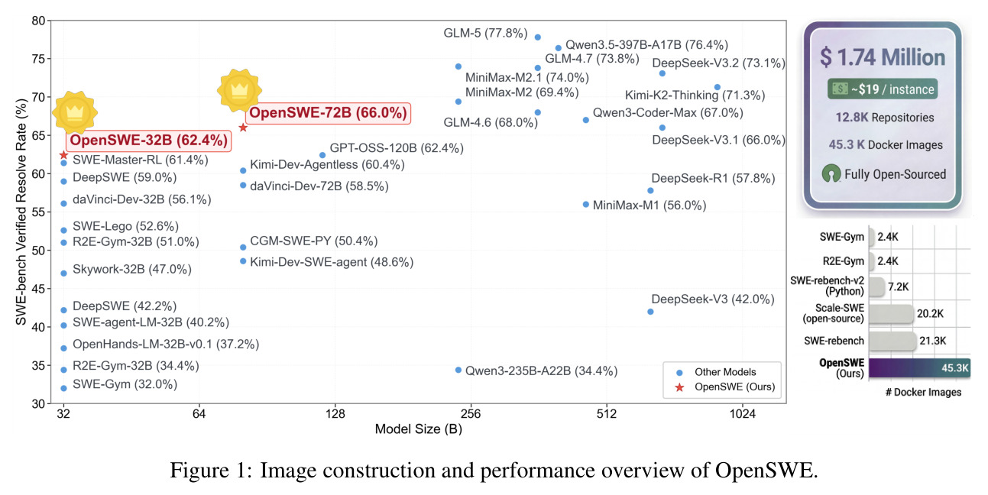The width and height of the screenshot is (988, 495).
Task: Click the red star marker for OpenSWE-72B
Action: (243, 128)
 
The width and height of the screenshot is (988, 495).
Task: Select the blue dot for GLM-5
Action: (538, 37)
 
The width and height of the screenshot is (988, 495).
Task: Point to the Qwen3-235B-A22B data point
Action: (458, 370)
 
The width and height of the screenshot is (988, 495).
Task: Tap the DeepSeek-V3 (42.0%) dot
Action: (650, 312)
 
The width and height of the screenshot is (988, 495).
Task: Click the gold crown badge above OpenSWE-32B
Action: (75, 112)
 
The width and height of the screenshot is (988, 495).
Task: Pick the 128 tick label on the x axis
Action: (335, 414)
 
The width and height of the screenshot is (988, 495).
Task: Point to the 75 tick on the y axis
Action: (38, 59)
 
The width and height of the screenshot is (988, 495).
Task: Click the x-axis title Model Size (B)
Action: (418, 429)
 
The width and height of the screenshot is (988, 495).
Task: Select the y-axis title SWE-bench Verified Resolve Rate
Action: (21, 212)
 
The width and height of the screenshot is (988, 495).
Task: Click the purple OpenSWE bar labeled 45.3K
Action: (920, 367)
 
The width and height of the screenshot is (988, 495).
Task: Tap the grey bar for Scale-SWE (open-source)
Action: (891, 314)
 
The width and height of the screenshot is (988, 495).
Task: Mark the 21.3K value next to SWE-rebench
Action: (932, 341)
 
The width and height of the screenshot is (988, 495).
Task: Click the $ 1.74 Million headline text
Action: (882, 57)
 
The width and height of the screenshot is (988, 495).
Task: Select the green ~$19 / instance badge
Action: (882, 89)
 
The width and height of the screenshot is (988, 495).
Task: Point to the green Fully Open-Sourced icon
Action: (831, 173)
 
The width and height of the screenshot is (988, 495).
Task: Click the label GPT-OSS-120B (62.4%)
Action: (397, 148)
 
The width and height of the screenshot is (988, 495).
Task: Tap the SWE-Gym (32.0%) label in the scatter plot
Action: (125, 384)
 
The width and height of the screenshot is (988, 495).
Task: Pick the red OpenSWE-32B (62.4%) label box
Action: (149, 141)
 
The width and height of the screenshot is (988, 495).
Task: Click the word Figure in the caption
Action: (199, 471)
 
